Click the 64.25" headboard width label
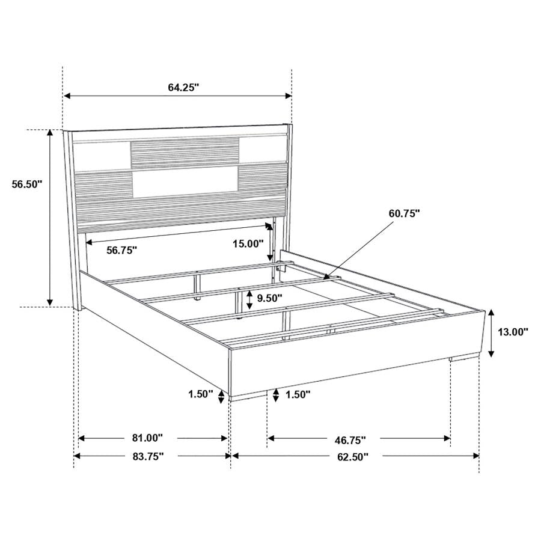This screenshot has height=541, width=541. [x=183, y=87]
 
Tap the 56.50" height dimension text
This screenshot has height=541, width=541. [x=27, y=185]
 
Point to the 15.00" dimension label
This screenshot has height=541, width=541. [x=249, y=243]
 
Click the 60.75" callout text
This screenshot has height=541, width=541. [x=404, y=213]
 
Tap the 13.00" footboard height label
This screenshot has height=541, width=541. [x=513, y=331]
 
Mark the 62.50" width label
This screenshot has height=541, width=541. [x=352, y=456]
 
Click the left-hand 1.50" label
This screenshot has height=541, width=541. [x=201, y=394]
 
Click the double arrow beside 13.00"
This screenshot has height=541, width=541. [x=491, y=332]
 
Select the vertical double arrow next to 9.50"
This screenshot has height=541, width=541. [x=249, y=298]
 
